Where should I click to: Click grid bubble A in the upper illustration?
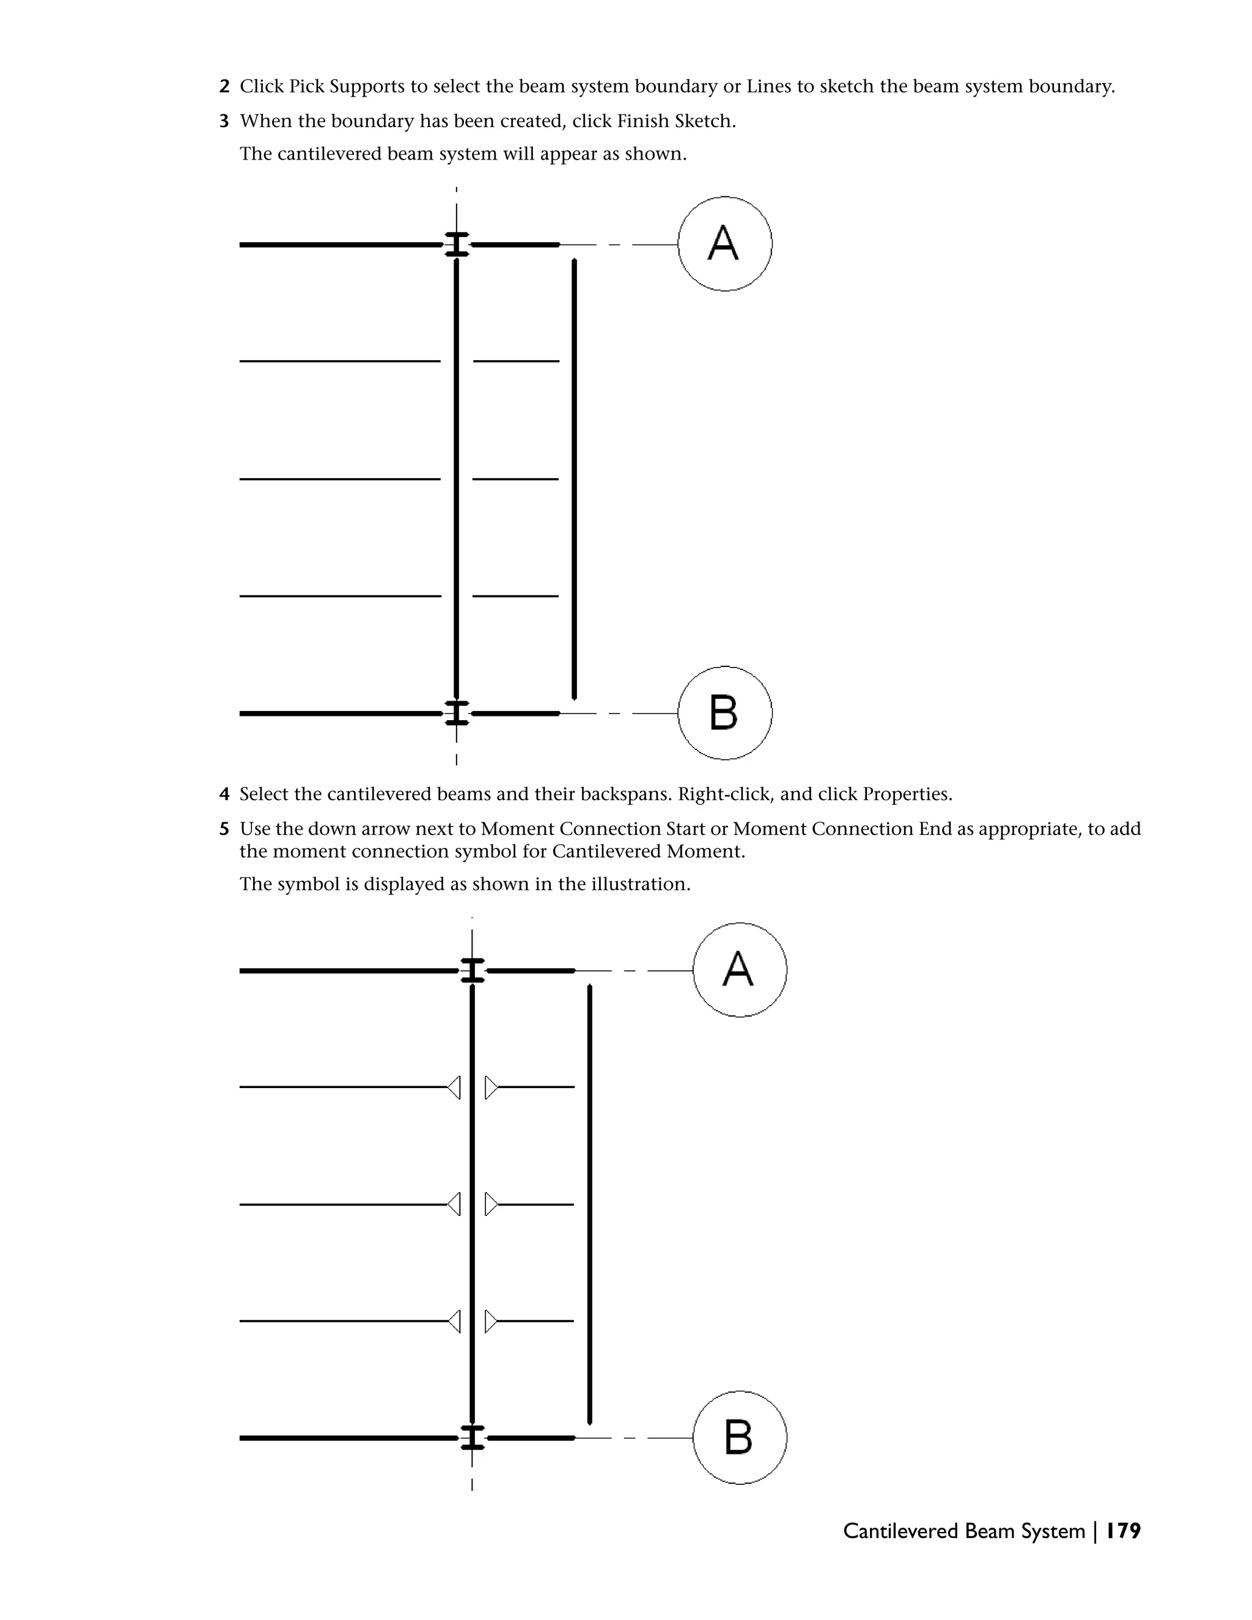(724, 244)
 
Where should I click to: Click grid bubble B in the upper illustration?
(724, 713)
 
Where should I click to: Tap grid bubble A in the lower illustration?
(740, 970)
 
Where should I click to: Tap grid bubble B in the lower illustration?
(740, 1438)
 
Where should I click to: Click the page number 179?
(1123, 1531)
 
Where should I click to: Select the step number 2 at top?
(224, 87)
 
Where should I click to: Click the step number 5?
(224, 830)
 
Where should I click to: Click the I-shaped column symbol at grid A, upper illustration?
(456, 244)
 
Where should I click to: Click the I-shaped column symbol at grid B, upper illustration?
(456, 713)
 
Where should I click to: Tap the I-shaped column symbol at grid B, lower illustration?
(473, 1438)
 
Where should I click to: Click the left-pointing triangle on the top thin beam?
(455, 1088)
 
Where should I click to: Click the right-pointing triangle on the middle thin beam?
(490, 1205)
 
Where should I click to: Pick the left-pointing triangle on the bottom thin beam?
(455, 1321)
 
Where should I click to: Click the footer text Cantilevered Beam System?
(963, 1531)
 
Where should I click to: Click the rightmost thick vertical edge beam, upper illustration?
(575, 479)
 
